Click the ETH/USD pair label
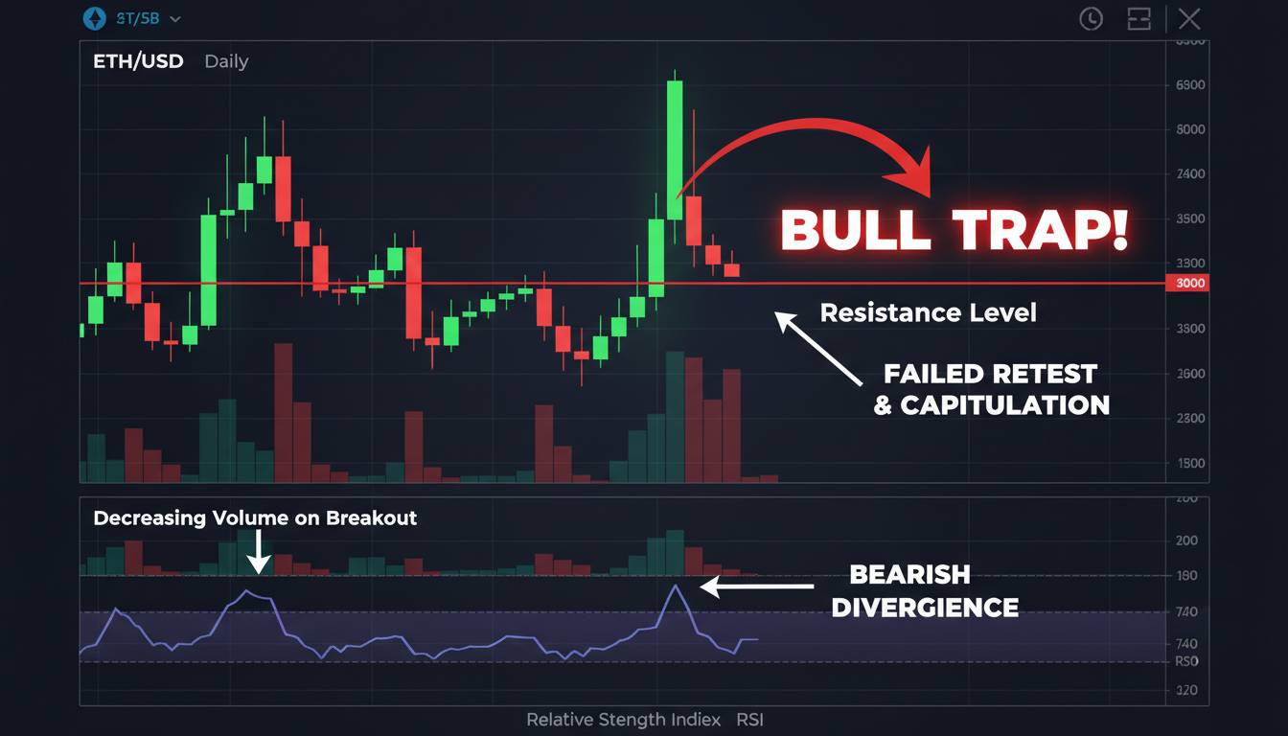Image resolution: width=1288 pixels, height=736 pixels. coord(138,61)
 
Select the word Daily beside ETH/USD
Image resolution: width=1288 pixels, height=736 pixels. coord(226,61)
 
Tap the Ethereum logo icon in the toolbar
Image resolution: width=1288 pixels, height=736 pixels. coord(94,18)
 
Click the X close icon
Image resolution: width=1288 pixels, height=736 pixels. coord(1189,18)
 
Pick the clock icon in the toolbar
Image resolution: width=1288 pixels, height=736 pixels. coord(1091,18)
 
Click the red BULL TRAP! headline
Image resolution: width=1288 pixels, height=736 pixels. coord(954,229)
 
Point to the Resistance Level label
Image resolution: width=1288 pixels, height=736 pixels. coord(928,312)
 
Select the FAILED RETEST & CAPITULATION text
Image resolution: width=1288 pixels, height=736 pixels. coord(991,389)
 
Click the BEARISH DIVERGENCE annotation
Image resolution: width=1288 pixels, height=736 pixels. coord(924,590)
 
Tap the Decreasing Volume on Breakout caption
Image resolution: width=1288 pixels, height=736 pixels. coord(255,518)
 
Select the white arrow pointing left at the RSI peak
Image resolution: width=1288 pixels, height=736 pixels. coord(757,586)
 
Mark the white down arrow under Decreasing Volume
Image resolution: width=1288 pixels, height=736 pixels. coord(258,554)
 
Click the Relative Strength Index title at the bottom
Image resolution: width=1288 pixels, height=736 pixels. coord(644,720)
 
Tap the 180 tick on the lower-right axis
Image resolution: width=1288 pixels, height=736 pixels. coord(1186,576)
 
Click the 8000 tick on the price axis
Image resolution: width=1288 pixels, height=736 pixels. coord(1188,129)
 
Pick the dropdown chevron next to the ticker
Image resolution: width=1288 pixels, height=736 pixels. coord(174,19)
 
